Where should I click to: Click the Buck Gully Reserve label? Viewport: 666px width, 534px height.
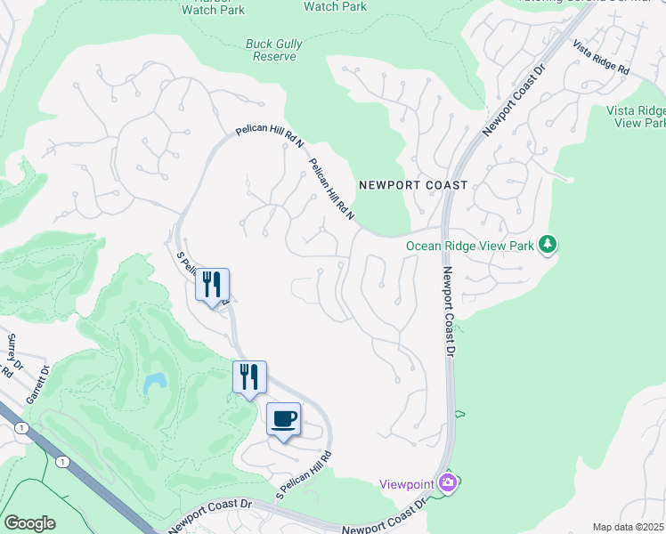click(x=271, y=50)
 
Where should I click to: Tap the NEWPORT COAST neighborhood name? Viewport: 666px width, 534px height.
click(x=412, y=185)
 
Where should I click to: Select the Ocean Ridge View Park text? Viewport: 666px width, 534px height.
click(x=470, y=246)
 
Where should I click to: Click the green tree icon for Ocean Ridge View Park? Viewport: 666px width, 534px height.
click(x=548, y=243)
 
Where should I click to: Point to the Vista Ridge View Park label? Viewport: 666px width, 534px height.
click(x=636, y=117)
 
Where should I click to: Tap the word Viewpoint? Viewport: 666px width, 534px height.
click(x=407, y=483)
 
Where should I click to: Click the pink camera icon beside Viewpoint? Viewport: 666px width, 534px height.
click(x=448, y=482)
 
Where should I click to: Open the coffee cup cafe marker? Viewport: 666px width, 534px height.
click(x=284, y=419)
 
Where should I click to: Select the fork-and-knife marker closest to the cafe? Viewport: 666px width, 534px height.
click(x=249, y=376)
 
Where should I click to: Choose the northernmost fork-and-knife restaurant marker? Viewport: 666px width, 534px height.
click(x=212, y=285)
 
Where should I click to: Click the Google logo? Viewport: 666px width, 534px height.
click(x=30, y=523)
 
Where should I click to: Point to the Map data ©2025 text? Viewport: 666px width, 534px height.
click(x=629, y=527)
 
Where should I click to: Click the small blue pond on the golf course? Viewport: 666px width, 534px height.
click(x=154, y=384)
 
